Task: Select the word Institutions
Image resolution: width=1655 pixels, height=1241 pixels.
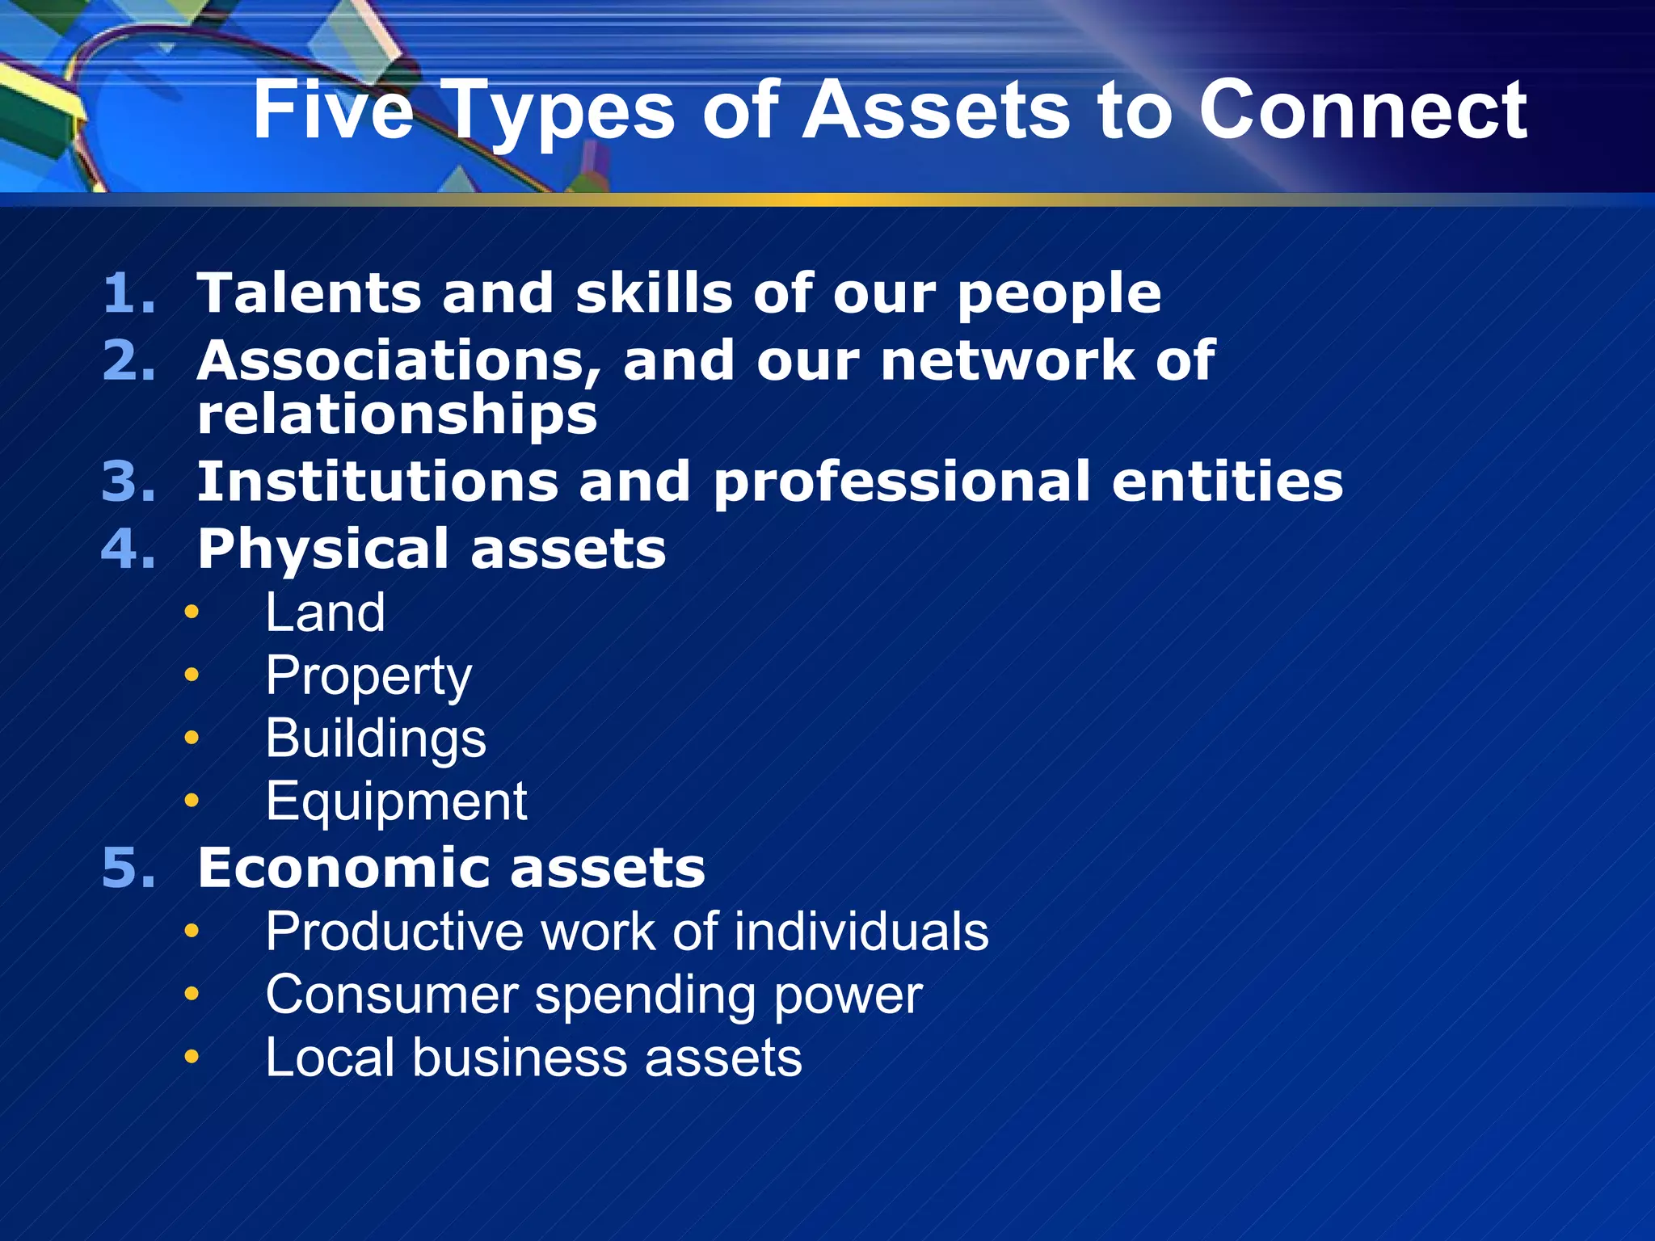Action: tap(377, 482)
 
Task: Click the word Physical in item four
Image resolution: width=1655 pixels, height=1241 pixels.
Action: tap(323, 550)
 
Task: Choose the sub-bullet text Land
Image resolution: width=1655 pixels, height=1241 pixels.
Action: tap(325, 612)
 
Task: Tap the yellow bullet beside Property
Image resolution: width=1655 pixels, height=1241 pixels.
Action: tap(192, 675)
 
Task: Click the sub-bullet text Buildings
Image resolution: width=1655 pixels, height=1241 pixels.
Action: tap(376, 738)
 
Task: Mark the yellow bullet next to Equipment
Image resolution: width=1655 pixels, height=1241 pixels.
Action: tap(192, 801)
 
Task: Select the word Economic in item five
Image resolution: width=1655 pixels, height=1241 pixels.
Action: tap(343, 869)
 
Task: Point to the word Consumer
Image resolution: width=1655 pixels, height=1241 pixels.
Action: tap(391, 995)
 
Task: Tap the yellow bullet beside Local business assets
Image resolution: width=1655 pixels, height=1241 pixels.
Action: tap(192, 1057)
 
